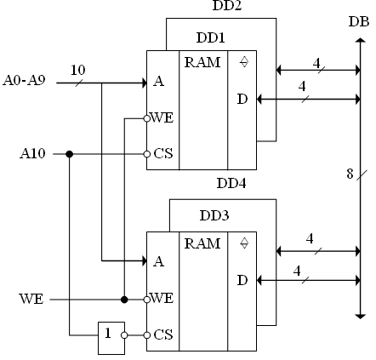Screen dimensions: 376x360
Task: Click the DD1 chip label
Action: pyautogui.click(x=210, y=37)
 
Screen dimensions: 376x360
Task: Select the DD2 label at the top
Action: pyautogui.click(x=227, y=5)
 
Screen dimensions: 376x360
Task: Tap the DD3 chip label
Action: pyautogui.click(x=214, y=215)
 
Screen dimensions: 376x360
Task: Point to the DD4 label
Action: pyautogui.click(x=231, y=183)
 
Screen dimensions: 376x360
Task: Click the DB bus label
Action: pyautogui.click(x=359, y=22)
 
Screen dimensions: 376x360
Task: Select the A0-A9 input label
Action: pyautogui.click(x=24, y=80)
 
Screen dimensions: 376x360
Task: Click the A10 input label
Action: pyautogui.click(x=32, y=153)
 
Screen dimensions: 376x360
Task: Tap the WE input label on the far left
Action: pyautogui.click(x=31, y=299)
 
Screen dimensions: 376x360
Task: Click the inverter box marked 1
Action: pyautogui.click(x=111, y=338)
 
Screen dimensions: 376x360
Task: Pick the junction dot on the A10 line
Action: pyautogui.click(x=70, y=154)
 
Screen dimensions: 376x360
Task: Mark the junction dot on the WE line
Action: pyautogui.click(x=124, y=300)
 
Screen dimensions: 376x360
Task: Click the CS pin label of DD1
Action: pyautogui.click(x=163, y=153)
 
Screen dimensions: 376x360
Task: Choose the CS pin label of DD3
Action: pyautogui.click(x=163, y=334)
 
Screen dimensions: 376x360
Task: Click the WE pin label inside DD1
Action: pyautogui.click(x=162, y=117)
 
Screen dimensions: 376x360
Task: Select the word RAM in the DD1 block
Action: pyautogui.click(x=202, y=62)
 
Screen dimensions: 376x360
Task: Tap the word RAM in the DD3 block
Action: pyautogui.click(x=202, y=243)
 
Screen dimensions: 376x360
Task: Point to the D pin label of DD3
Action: pyautogui.click(x=242, y=280)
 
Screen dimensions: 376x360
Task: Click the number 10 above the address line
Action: pyautogui.click(x=77, y=70)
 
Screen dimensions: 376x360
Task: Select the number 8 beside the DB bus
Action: pyautogui.click(x=350, y=174)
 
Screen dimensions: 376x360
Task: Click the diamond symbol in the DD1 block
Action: pyautogui.click(x=244, y=62)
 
